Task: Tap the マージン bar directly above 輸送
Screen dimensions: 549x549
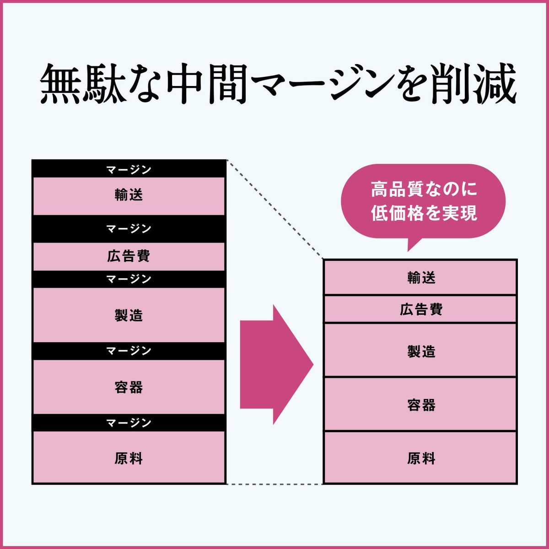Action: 129,169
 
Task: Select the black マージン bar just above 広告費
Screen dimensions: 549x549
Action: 129,229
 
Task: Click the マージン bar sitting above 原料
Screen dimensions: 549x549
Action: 129,423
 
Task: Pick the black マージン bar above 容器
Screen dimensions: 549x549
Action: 129,351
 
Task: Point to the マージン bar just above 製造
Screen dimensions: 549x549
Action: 129,279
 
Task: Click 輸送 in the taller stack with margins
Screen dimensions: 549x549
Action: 129,196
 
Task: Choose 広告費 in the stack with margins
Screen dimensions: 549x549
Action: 129,256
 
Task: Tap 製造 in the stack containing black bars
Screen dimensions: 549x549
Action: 129,315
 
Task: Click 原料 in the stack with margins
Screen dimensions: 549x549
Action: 129,458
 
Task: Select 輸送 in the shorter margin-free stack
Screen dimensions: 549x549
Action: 421,278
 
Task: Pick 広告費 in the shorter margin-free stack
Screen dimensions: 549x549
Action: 421,310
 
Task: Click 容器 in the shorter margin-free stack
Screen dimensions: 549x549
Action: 421,405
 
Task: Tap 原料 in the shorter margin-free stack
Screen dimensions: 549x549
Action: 421,458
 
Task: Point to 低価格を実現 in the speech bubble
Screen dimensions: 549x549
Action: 424,213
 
